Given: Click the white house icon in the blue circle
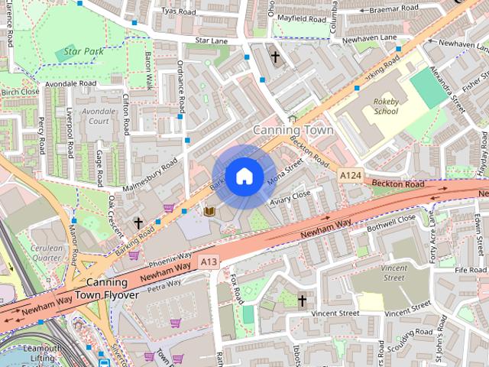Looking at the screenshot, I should [244, 177].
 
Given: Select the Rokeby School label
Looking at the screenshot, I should [386, 106].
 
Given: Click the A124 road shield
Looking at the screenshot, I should [350, 176].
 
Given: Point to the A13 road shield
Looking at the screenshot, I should [209, 262].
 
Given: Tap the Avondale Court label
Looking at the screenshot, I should [99, 115].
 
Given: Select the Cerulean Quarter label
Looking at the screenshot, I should [45, 252].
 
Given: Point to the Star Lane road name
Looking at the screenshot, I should [212, 40].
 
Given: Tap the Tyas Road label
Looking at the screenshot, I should [178, 11].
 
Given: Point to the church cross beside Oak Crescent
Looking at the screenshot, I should [138, 223].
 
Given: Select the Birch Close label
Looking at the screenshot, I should [20, 92].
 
